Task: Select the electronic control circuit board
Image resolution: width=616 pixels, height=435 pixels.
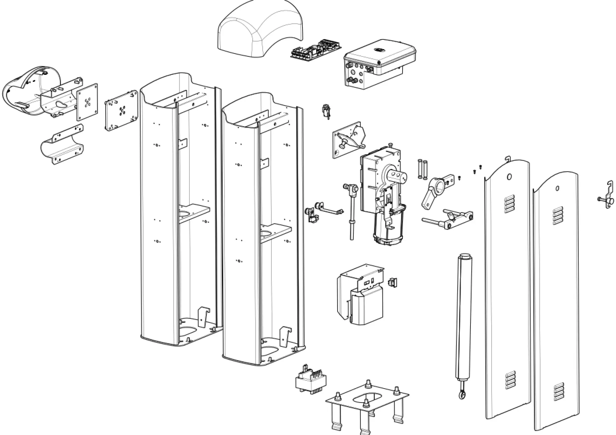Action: point(315,50)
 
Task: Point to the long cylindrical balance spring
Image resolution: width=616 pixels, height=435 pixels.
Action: point(463,317)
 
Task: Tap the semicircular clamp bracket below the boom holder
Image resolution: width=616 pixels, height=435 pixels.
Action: point(62,147)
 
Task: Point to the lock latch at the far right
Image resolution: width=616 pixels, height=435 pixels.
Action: point(607,199)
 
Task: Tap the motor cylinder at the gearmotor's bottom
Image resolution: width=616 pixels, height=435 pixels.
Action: point(388,231)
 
